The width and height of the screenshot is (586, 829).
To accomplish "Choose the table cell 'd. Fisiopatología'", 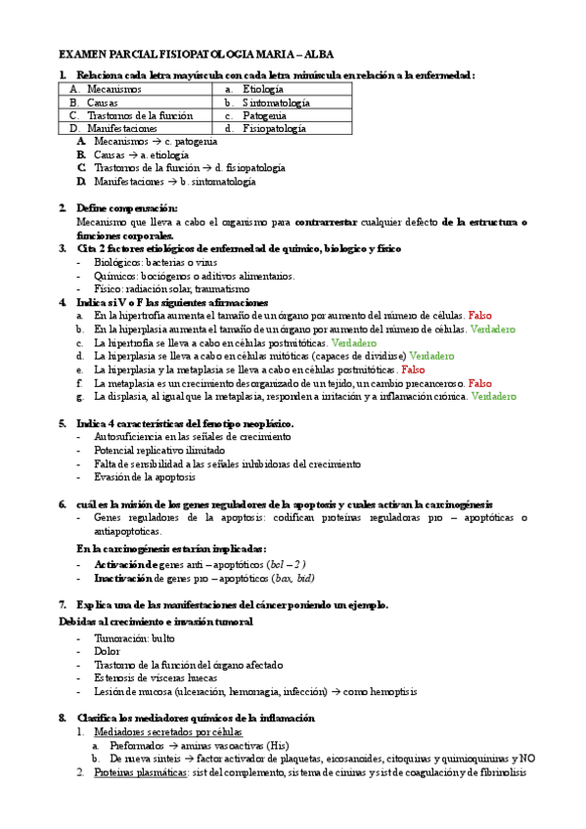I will (x=265, y=128).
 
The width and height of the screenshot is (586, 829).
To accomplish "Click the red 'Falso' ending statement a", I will (x=480, y=317).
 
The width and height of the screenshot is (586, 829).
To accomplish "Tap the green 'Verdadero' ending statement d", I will (x=431, y=357).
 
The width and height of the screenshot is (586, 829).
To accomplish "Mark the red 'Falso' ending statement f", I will (x=480, y=383).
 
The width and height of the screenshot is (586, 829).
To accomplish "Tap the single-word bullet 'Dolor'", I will (x=108, y=651).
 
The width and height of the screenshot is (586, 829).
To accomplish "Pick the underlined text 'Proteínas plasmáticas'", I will (x=141, y=771).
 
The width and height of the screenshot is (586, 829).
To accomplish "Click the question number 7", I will (x=63, y=604).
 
